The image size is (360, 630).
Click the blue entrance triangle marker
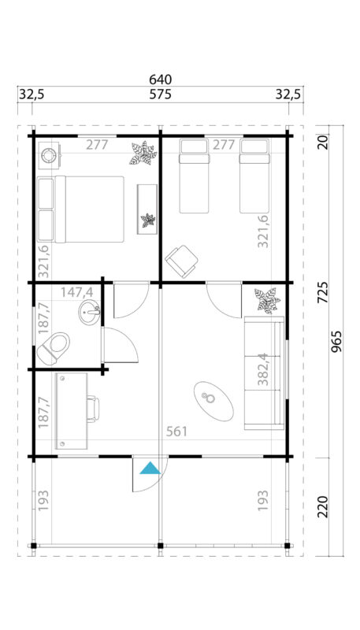pyautogui.click(x=150, y=469)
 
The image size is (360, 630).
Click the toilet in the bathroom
pyautogui.click(x=54, y=346)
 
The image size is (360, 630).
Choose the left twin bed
pyautogui.click(x=195, y=176)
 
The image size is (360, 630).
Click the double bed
pyautogui.click(x=81, y=209)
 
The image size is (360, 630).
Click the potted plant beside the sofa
pyautogui.click(x=265, y=301)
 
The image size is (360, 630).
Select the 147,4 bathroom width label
pyautogui.click(x=76, y=292)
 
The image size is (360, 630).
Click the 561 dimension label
pyautogui.click(x=177, y=432)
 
